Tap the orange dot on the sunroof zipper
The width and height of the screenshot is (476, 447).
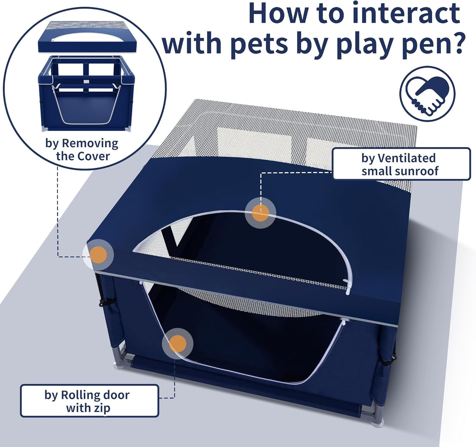[x=260, y=213]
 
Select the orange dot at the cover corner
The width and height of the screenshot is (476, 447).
[x=98, y=254]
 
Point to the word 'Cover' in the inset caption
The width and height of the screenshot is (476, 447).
[x=94, y=156]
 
